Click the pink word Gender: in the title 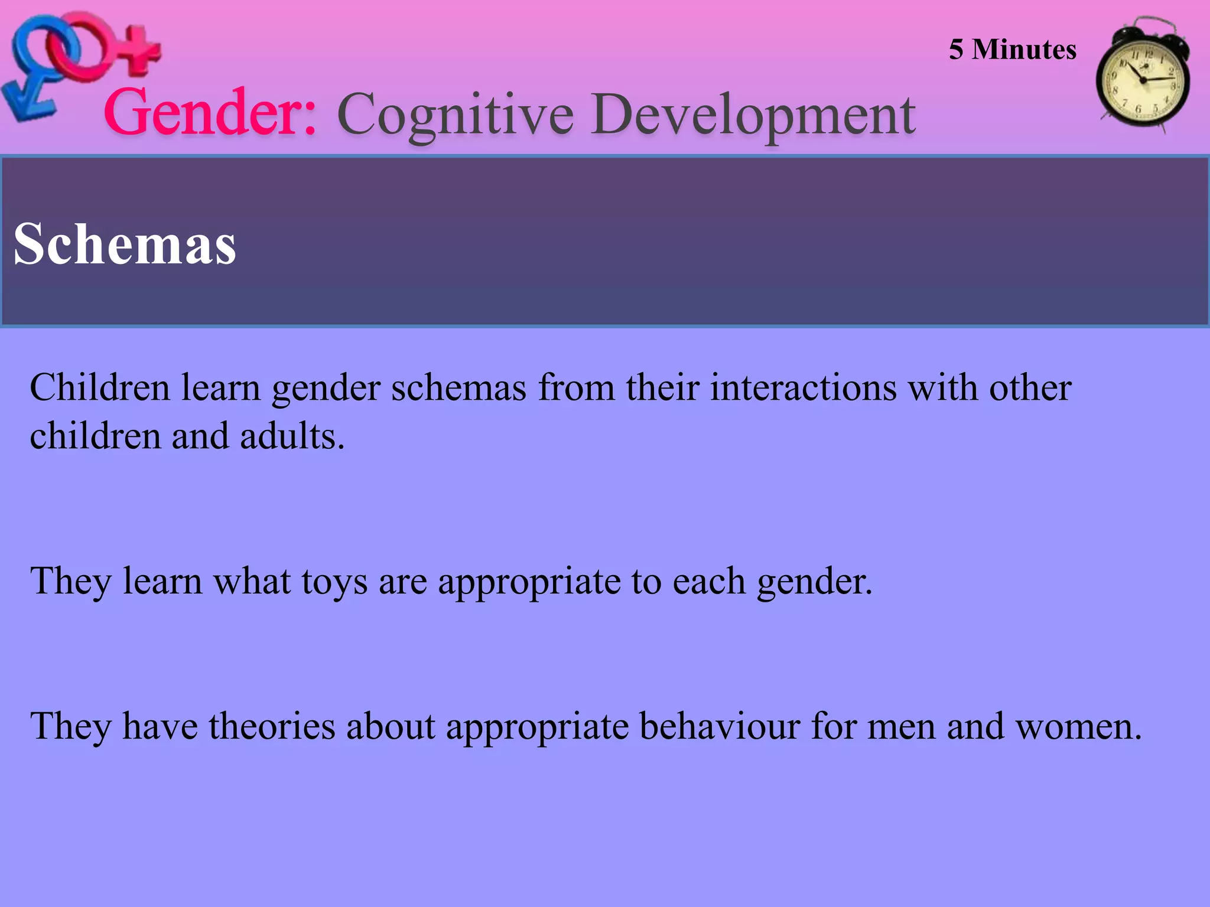pos(210,112)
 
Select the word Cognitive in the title pos(455,115)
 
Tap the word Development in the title pos(753,115)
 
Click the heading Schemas pos(125,244)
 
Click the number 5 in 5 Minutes pos(956,50)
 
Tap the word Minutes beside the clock pos(1024,50)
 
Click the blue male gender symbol pos(35,71)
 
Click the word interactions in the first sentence pos(804,388)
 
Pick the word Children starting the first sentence pos(100,388)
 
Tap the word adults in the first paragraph pos(292,436)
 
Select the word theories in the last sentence pos(272,726)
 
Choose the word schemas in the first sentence pos(458,388)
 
